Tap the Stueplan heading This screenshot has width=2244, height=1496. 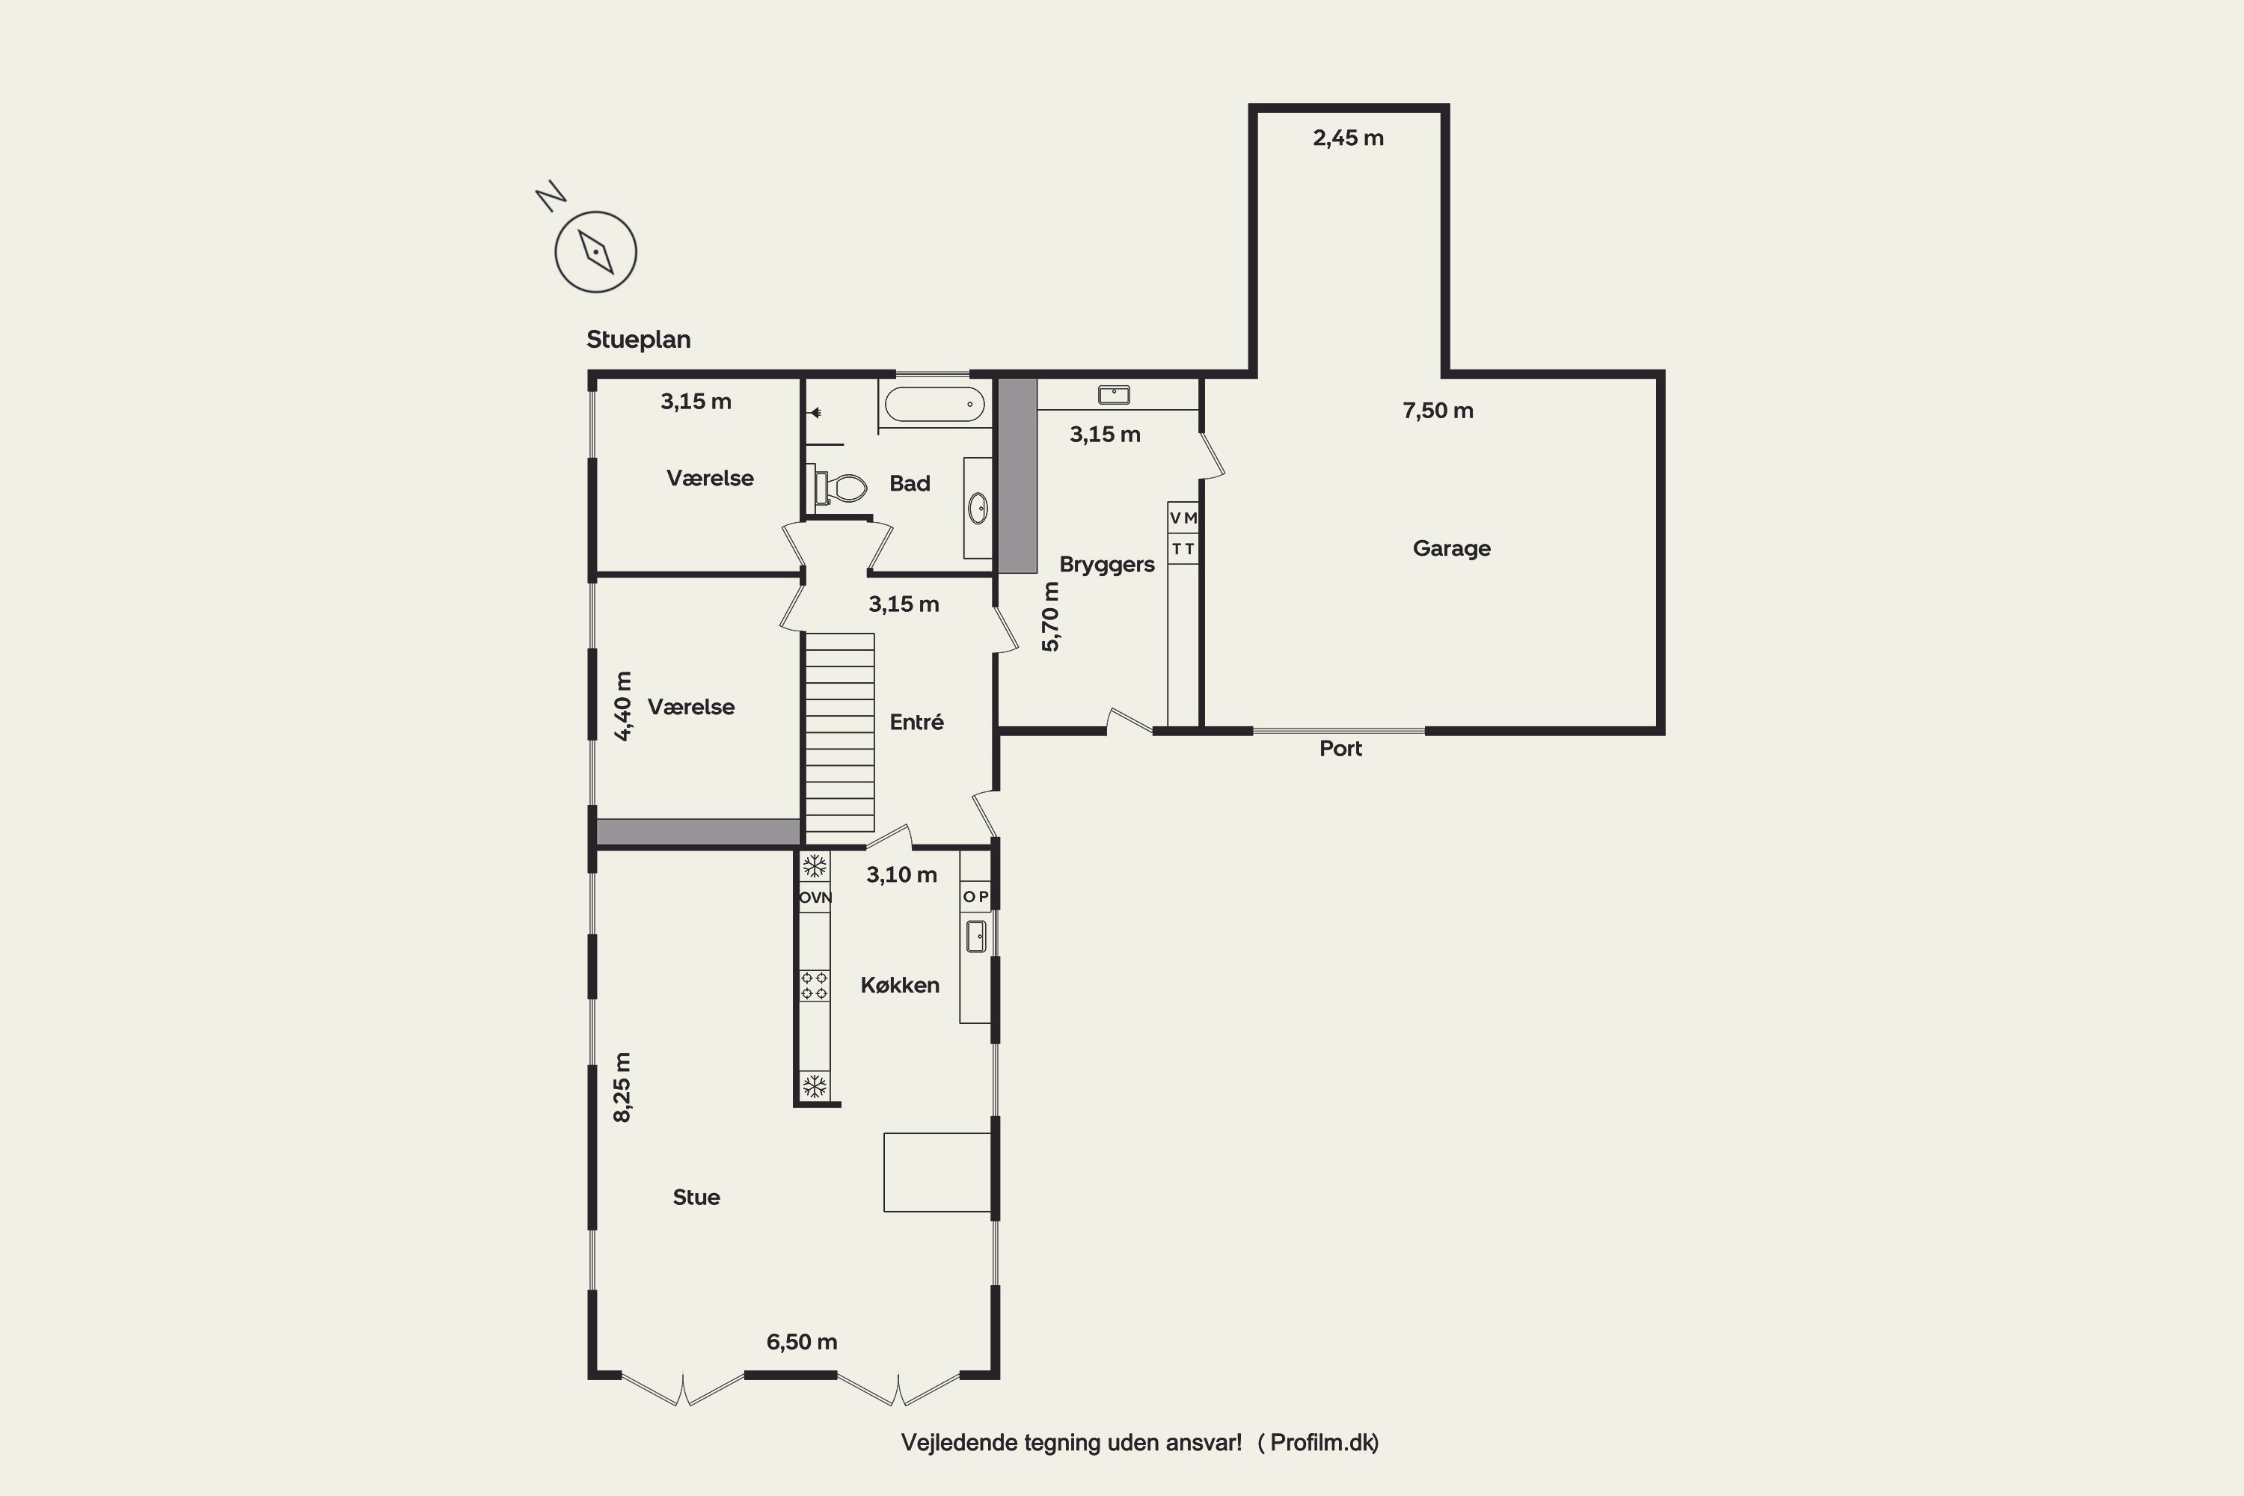(638, 340)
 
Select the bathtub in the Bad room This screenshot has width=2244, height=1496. (935, 405)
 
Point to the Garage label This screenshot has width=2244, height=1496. (1451, 548)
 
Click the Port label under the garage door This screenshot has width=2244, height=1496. (1340, 749)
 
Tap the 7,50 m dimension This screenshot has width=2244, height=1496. (1438, 411)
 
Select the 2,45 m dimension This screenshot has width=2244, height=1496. (1348, 138)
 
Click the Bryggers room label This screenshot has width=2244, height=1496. (1107, 565)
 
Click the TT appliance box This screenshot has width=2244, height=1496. (1183, 548)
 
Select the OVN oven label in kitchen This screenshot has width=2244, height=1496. (815, 898)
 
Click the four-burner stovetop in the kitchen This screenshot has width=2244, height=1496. (814, 986)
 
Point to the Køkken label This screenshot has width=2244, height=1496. (900, 986)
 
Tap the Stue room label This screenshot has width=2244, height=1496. (696, 1198)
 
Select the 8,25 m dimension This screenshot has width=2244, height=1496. (622, 1088)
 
